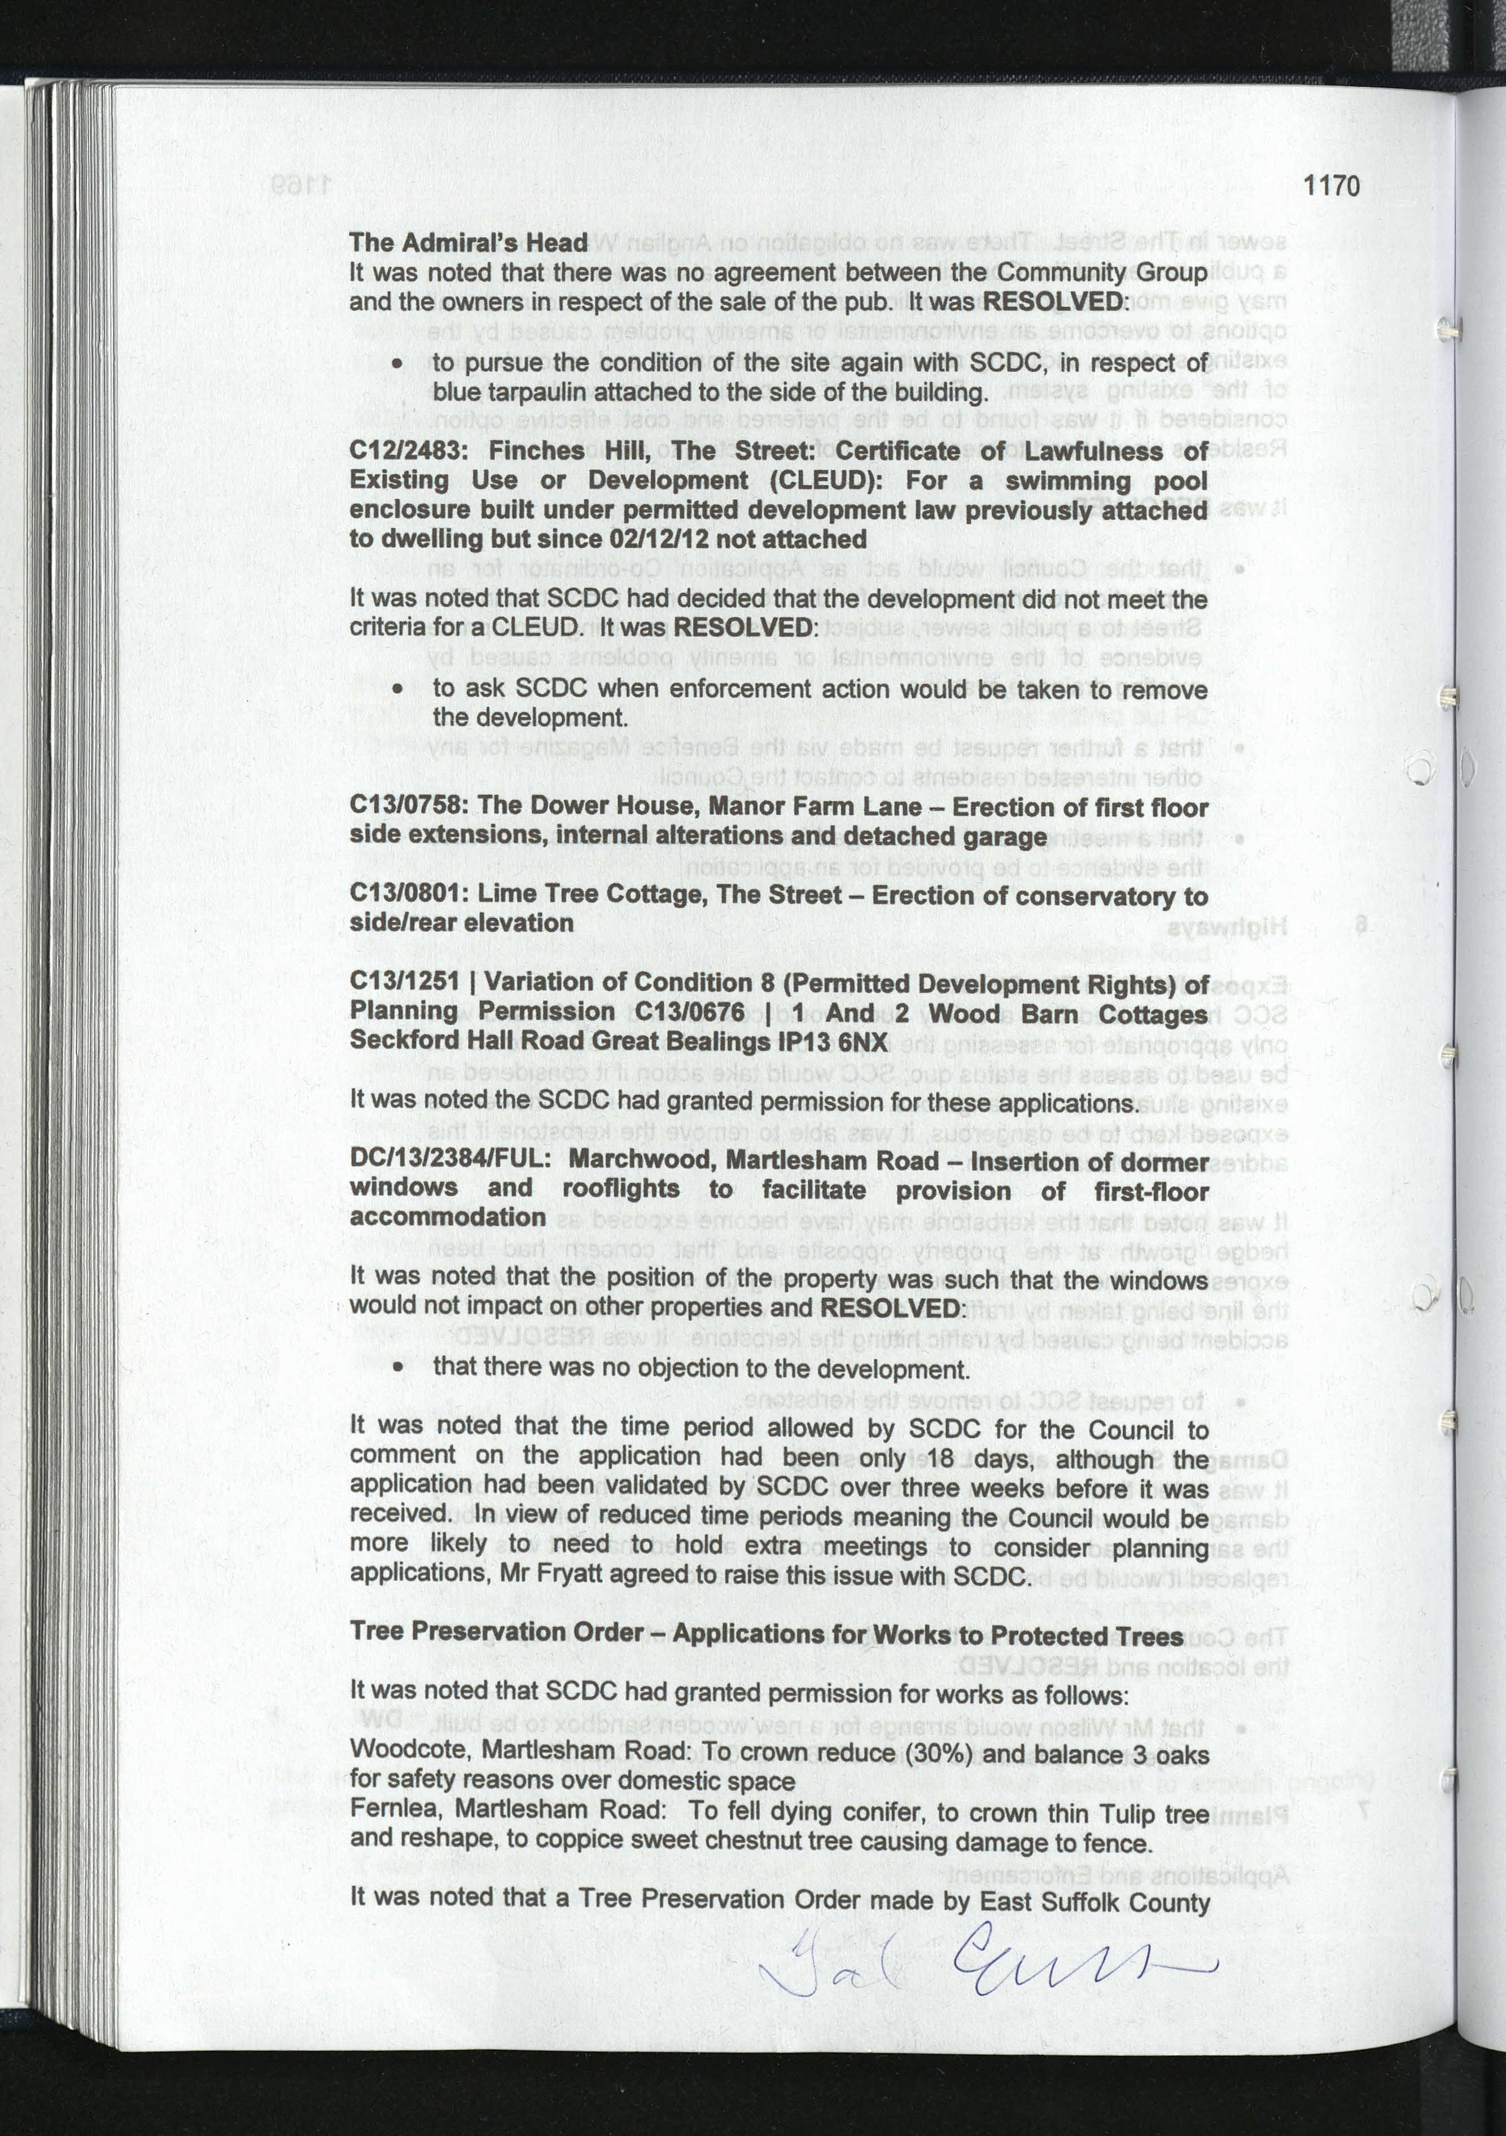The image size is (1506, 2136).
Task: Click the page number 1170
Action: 1331,186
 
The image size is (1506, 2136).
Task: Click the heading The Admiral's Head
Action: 468,243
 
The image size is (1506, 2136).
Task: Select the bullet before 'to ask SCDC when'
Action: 397,690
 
